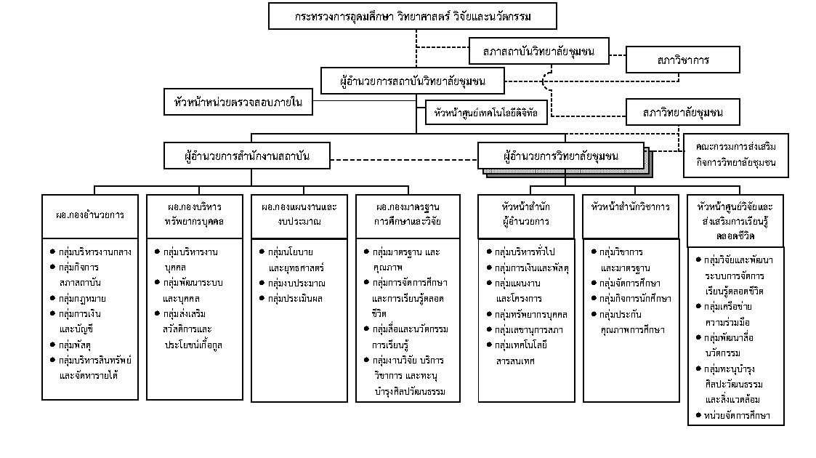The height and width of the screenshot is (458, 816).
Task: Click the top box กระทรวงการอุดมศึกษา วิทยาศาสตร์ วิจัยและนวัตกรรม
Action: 412,16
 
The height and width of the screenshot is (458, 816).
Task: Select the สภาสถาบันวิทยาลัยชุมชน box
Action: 538,51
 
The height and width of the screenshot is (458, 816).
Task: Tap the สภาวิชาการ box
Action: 683,60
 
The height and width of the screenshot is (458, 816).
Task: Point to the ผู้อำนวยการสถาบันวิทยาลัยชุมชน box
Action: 413,81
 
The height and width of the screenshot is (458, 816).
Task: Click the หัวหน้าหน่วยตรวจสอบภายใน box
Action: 238,102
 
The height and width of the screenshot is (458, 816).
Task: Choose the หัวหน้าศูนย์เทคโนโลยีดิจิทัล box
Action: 487,113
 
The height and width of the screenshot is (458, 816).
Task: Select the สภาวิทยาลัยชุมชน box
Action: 683,113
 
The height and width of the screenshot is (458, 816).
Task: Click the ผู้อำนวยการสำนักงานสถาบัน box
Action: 246,156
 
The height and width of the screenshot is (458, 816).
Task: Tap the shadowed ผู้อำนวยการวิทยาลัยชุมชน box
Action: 561,156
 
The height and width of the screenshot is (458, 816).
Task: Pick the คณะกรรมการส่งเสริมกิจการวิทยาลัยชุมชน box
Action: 736,155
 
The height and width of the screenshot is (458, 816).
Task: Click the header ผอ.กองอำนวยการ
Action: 90,216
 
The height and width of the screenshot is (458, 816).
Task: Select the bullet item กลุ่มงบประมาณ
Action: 292,283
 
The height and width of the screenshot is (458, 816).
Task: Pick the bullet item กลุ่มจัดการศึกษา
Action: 626,283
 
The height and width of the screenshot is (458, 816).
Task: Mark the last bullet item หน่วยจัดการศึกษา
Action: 732,415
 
